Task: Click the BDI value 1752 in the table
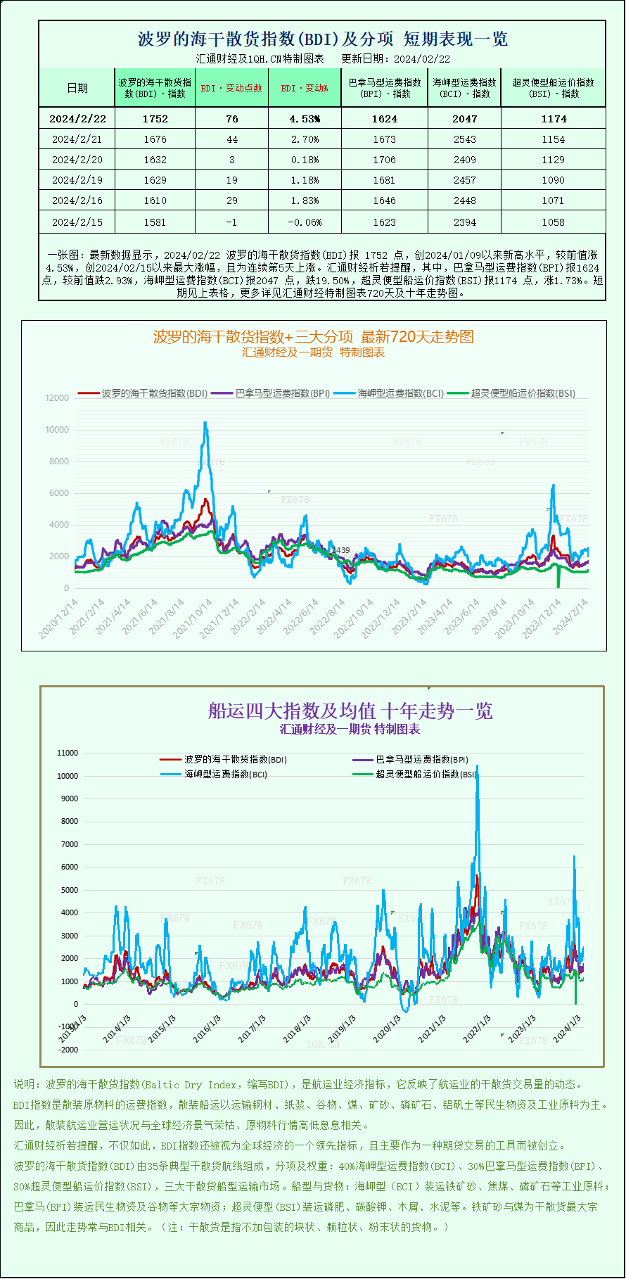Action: (155, 119)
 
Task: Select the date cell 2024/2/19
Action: (77, 180)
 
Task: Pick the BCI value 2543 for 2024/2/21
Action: (464, 139)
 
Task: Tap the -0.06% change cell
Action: (305, 222)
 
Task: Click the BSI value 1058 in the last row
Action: (553, 222)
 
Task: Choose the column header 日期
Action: (77, 88)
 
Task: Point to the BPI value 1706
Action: (384, 160)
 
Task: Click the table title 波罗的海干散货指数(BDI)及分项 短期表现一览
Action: (322, 39)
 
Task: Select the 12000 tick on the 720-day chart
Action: (57, 398)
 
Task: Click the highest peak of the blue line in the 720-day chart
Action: (205, 423)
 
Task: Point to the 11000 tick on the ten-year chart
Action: (68, 753)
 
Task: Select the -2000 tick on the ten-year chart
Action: (68, 1050)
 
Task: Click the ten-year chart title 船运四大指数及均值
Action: (350, 711)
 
